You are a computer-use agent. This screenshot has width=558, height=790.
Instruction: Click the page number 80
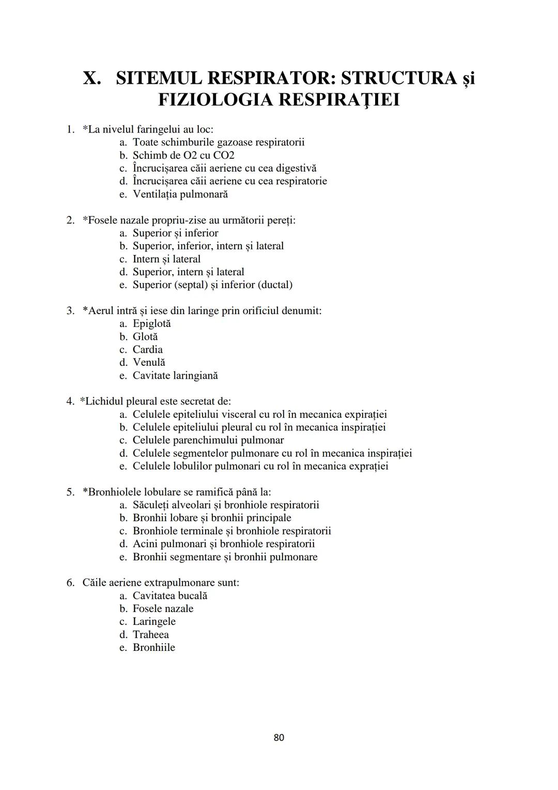tap(278, 737)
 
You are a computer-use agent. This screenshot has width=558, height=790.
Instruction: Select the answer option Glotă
tap(145, 337)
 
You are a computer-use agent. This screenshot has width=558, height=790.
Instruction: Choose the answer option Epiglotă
tap(151, 324)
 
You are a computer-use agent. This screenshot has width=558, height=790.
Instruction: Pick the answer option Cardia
tap(147, 350)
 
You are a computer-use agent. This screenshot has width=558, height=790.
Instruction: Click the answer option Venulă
tap(149, 363)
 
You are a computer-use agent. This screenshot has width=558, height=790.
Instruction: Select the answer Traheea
tap(150, 635)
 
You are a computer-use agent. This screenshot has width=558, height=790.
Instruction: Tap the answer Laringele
tap(154, 622)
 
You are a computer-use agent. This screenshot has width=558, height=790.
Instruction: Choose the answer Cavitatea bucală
tap(169, 596)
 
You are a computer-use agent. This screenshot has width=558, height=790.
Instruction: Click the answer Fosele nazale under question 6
tap(163, 609)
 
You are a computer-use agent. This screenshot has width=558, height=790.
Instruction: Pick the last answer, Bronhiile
tap(153, 648)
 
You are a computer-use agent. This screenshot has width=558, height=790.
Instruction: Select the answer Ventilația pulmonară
tap(180, 195)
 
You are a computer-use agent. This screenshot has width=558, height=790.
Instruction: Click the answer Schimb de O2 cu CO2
tap(183, 156)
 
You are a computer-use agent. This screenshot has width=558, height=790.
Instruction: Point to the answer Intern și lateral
tap(166, 259)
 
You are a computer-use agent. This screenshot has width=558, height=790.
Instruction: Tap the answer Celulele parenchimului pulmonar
tap(208, 440)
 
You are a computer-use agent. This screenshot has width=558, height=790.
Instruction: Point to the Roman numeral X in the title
tap(91, 78)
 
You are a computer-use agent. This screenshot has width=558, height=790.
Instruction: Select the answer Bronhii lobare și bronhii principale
tap(212, 518)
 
